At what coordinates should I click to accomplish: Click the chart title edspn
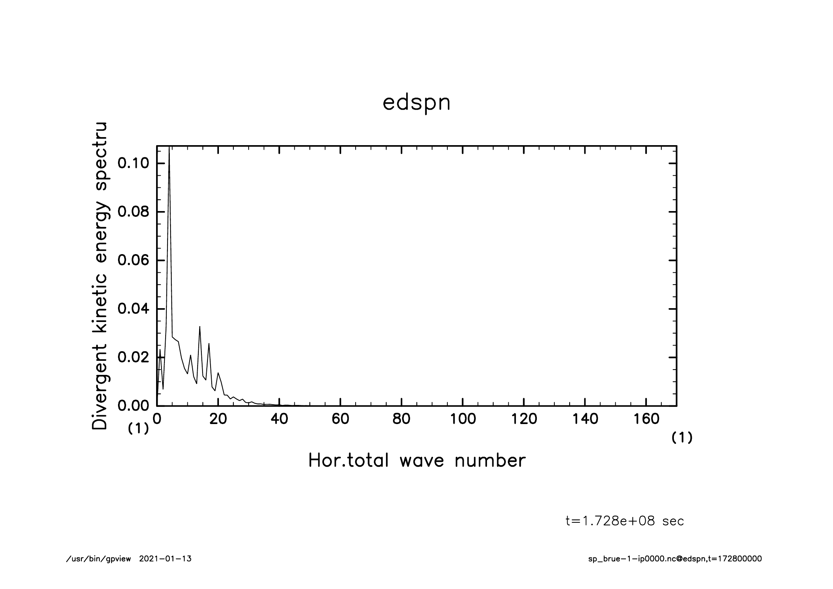416,103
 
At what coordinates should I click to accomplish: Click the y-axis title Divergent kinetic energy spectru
100,276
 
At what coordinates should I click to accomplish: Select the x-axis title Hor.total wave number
416,460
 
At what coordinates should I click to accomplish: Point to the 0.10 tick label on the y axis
133,163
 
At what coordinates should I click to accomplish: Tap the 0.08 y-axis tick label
133,212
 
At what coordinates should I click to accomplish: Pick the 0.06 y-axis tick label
133,260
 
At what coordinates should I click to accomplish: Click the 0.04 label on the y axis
133,309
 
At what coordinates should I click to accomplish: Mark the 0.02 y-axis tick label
133,357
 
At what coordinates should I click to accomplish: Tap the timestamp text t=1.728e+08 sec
625,521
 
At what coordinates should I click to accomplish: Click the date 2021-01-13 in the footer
165,559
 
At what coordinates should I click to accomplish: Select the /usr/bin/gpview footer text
99,559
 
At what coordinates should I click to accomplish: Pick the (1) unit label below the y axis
138,429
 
